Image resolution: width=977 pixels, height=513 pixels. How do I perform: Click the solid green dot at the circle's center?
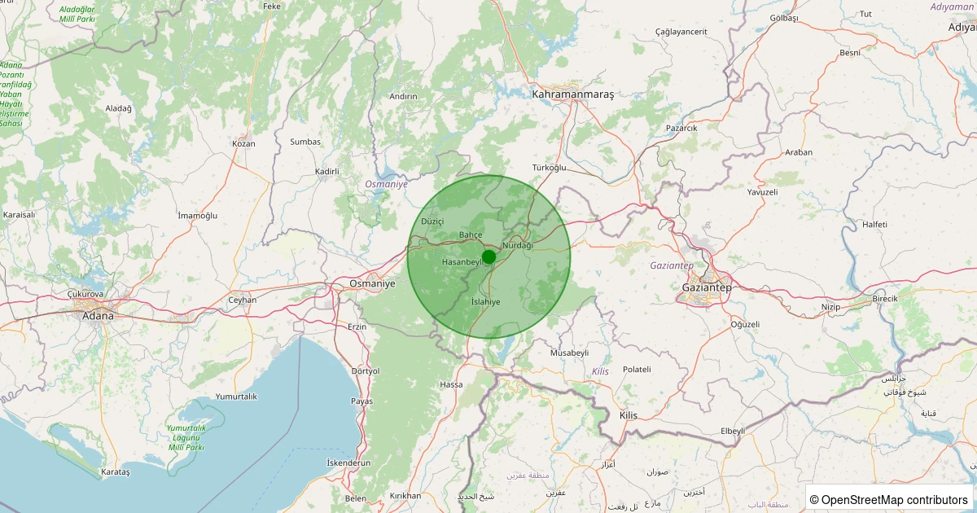tap(488, 256)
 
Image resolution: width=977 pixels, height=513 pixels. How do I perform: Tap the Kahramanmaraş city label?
tap(572, 94)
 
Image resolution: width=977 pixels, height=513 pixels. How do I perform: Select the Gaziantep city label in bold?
tap(708, 287)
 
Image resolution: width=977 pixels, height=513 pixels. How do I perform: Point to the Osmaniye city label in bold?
tap(371, 283)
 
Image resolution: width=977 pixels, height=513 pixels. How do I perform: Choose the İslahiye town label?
tap(485, 302)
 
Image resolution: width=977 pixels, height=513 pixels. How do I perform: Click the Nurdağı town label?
tap(518, 245)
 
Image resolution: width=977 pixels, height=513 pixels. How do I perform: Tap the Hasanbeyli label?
tap(462, 262)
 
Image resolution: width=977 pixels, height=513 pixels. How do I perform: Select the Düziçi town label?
tap(432, 221)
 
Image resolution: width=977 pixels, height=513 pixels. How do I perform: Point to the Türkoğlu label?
tap(549, 167)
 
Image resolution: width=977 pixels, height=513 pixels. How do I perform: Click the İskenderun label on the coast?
tap(348, 463)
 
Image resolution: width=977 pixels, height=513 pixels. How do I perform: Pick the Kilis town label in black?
tap(629, 415)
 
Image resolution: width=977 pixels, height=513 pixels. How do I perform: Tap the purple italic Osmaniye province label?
tap(386, 184)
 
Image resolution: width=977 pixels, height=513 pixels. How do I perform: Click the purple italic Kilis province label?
tap(600, 371)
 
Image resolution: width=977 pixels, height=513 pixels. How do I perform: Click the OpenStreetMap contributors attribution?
tap(889, 499)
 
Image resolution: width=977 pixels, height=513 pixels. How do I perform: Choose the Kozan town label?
tap(243, 143)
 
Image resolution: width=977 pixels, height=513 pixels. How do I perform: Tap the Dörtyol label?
tap(365, 370)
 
